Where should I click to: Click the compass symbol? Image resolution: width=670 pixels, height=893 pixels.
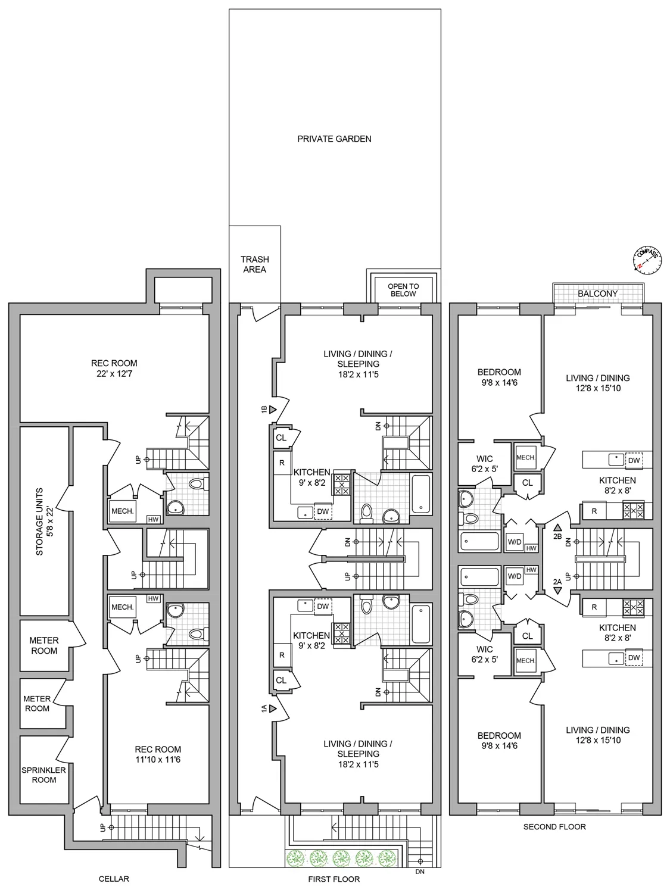[x=647, y=260]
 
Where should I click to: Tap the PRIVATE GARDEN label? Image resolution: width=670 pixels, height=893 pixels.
[x=334, y=139]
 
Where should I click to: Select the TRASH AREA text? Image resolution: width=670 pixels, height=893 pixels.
[x=254, y=264]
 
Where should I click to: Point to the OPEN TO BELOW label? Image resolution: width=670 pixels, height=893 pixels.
[x=403, y=290]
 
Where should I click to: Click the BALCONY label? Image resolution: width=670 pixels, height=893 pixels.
[x=597, y=293]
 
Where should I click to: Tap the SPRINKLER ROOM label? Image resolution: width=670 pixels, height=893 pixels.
[x=44, y=775]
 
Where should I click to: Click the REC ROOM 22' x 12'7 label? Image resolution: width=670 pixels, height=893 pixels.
[x=114, y=369]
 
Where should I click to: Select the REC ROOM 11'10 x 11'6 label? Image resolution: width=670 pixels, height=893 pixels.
[x=158, y=754]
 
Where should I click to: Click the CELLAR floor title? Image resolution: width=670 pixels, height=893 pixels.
[x=113, y=879]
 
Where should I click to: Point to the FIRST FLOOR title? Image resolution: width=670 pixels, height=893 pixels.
[x=334, y=879]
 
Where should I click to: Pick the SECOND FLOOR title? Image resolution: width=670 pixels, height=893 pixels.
[x=554, y=826]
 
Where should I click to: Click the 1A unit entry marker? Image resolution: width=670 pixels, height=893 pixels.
[x=273, y=708]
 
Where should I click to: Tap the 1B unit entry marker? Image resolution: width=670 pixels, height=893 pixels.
[x=273, y=410]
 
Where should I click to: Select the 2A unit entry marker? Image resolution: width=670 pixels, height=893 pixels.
[x=557, y=590]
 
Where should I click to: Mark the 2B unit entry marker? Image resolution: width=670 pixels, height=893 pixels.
[x=557, y=527]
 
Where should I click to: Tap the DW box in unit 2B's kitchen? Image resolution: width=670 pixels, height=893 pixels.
[x=634, y=460]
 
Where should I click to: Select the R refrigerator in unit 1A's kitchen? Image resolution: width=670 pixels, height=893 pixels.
[x=282, y=655]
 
